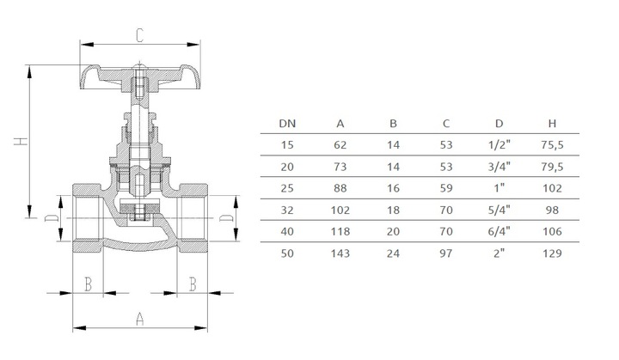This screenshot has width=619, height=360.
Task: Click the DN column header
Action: click(x=287, y=124)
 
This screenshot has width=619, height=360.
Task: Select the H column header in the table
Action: click(x=552, y=124)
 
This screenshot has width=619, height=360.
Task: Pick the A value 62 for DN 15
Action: click(x=340, y=145)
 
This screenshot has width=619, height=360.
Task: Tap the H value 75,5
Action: click(x=552, y=145)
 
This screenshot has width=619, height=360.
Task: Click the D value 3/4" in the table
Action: click(x=499, y=167)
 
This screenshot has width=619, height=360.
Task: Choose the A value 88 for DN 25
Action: click(x=340, y=188)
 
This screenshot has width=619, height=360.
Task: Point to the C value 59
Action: click(x=446, y=188)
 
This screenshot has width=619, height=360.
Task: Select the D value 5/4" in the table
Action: click(x=499, y=210)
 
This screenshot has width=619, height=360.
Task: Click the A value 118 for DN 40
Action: click(x=340, y=231)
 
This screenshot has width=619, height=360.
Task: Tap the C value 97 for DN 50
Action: click(x=446, y=253)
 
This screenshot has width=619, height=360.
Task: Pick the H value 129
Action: click(x=552, y=253)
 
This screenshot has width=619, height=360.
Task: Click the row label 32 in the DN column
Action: click(x=287, y=210)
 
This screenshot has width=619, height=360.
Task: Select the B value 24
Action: click(x=393, y=253)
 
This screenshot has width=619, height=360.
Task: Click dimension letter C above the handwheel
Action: click(x=140, y=35)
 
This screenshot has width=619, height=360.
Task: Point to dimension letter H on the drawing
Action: click(x=21, y=141)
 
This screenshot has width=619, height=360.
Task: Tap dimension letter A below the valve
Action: click(x=140, y=319)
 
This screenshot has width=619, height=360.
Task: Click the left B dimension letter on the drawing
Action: click(x=89, y=284)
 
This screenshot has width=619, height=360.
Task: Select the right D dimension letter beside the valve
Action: click(x=226, y=218)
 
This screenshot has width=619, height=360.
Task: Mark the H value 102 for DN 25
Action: click(x=552, y=188)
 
